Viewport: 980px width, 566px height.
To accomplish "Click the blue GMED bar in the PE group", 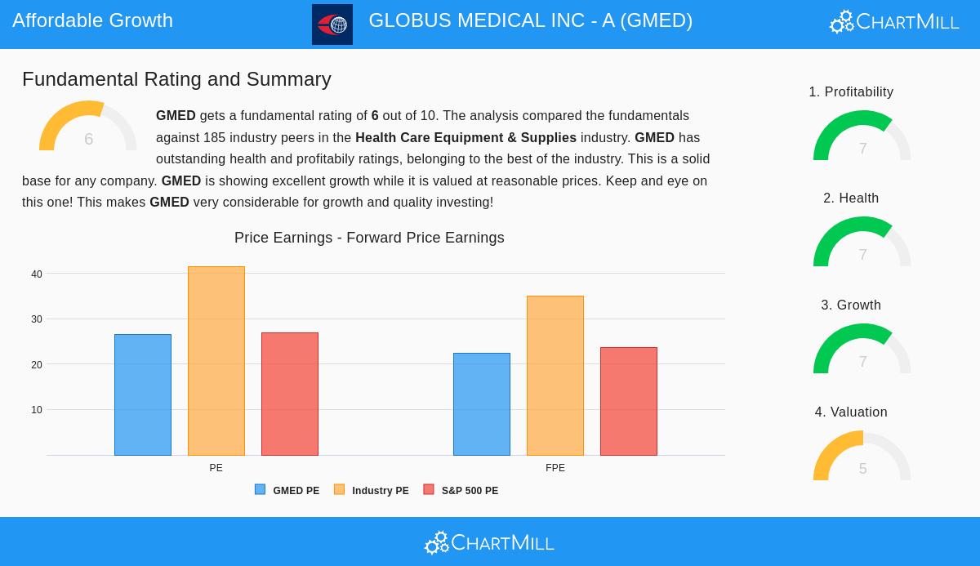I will (143, 394).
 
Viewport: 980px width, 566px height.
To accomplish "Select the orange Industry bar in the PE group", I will (216, 361).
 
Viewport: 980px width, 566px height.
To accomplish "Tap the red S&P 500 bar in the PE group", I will (290, 394).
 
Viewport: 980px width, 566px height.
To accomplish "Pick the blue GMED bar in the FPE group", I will (482, 404).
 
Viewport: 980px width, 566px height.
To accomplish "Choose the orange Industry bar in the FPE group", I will (555, 376).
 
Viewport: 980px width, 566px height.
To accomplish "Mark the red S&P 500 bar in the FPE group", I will (629, 401).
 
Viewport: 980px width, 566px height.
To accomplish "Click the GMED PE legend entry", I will (287, 490).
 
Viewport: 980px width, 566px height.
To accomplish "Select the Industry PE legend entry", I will (372, 490).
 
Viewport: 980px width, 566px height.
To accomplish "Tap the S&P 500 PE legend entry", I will (461, 490).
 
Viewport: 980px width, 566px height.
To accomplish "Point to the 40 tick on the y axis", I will (37, 274).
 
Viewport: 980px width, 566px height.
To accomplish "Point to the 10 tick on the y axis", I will (37, 410).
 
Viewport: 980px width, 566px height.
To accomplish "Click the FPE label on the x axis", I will (555, 468).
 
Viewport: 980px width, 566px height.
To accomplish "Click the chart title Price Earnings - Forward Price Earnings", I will (369, 238).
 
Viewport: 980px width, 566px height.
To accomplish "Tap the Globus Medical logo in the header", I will (332, 25).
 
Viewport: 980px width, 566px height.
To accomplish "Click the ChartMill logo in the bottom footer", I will (489, 542).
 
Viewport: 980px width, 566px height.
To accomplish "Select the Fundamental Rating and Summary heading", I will (176, 79).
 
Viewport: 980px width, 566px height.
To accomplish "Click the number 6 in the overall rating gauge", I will (88, 139).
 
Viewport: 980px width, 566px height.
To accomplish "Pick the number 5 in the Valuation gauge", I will (862, 469).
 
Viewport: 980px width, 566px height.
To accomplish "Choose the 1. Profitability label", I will (851, 92).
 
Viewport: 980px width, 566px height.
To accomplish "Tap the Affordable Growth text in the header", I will (93, 20).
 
